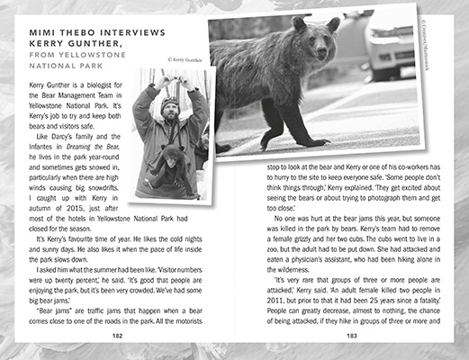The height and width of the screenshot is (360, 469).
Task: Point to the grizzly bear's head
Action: point(311,40)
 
